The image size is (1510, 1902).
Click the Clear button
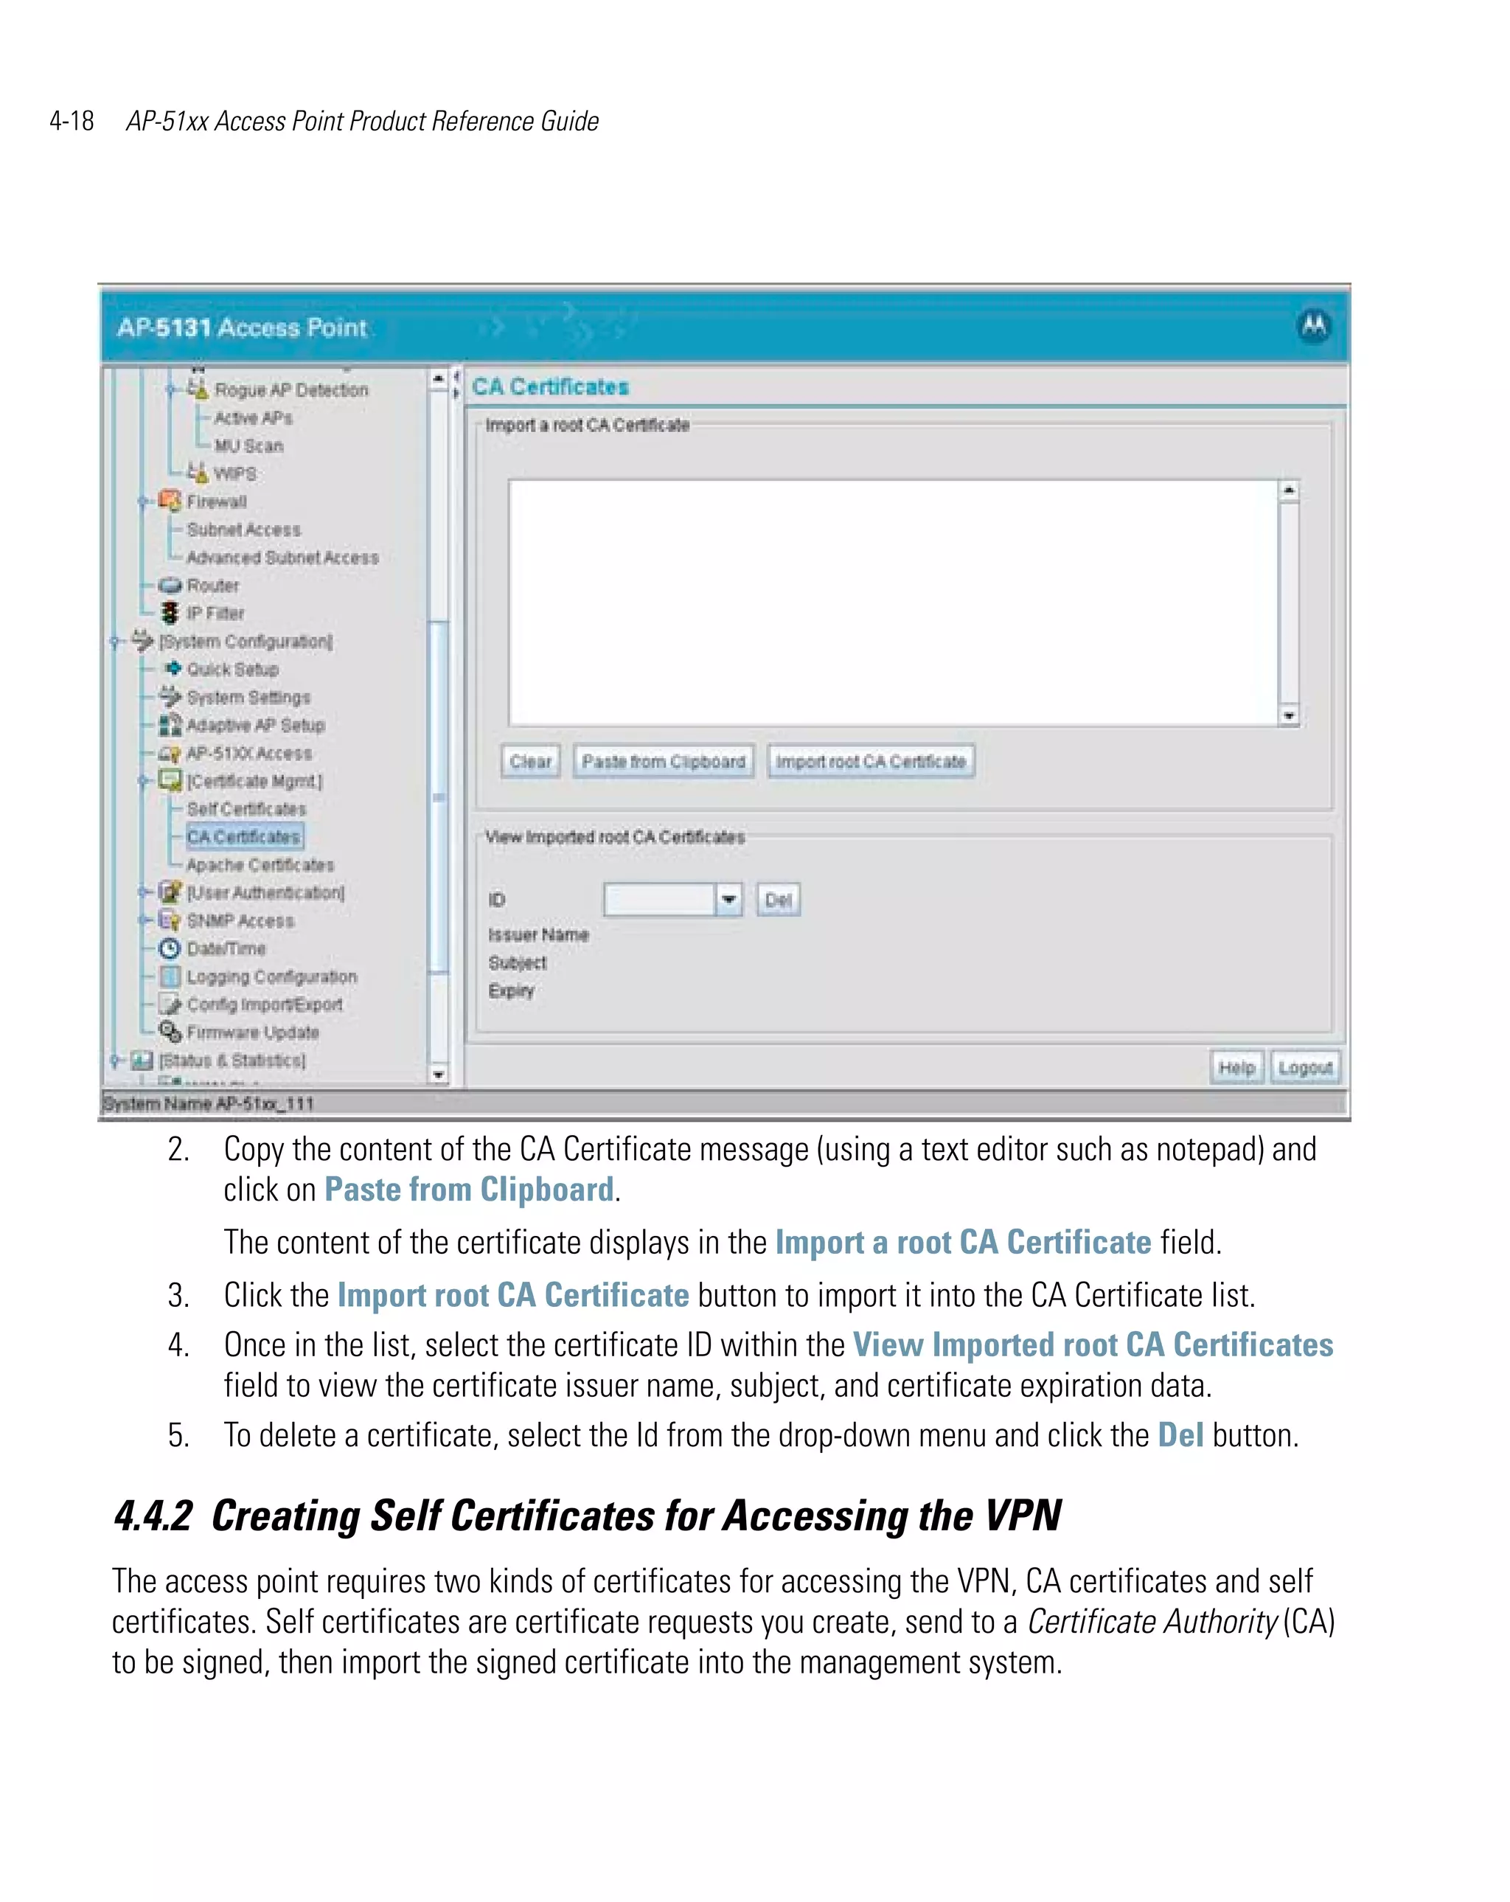pyautogui.click(x=530, y=761)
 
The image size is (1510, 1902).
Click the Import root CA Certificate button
pyautogui.click(x=871, y=761)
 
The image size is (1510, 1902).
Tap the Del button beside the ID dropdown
pyautogui.click(x=778, y=900)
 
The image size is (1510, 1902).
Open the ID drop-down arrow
pyautogui.click(x=728, y=900)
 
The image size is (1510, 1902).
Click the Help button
pyautogui.click(x=1236, y=1067)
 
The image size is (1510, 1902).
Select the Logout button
pyautogui.click(x=1304, y=1067)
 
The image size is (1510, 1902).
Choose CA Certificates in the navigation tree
pyautogui.click(x=243, y=836)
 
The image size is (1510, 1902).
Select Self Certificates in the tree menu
pyautogui.click(x=246, y=809)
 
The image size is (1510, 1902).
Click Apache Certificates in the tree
pyautogui.click(x=260, y=864)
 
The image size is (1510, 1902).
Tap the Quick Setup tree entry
pyautogui.click(x=232, y=670)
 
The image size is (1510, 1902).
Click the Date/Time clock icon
pyautogui.click(x=170, y=948)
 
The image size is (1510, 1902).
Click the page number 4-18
pyautogui.click(x=72, y=121)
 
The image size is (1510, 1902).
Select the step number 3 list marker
pyautogui.click(x=178, y=1295)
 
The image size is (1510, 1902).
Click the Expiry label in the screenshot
pyautogui.click(x=512, y=990)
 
